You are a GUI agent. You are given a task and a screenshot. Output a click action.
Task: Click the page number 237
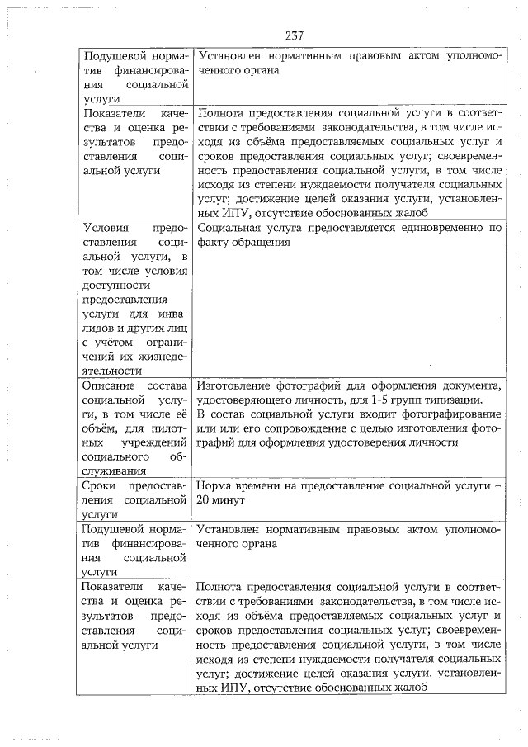click(x=295, y=36)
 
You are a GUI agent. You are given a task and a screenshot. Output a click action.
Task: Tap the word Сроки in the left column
click(x=100, y=485)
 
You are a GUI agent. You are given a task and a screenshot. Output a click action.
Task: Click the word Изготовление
click(x=237, y=385)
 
